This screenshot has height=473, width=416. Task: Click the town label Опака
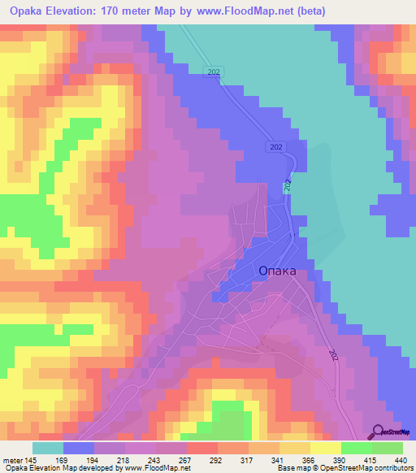coord(276,271)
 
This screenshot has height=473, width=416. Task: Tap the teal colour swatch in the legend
coord(48,448)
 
